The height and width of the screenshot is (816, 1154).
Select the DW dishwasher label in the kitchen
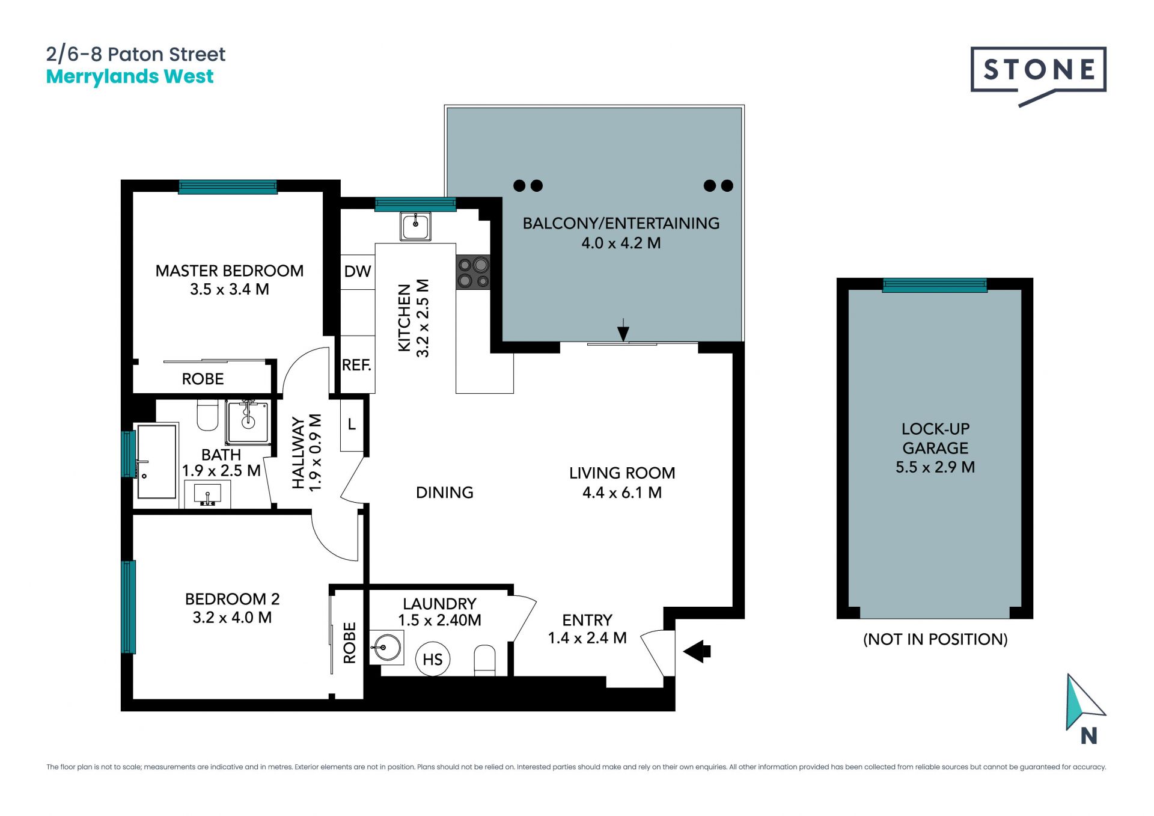pyautogui.click(x=358, y=271)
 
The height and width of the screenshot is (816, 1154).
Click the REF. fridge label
pyautogui.click(x=357, y=365)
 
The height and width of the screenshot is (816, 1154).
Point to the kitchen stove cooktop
pyautogui.click(x=473, y=272)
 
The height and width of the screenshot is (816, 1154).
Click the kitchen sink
pyautogui.click(x=415, y=227)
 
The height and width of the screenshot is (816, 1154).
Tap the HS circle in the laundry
pyautogui.click(x=433, y=659)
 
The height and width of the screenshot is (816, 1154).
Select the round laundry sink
pyautogui.click(x=385, y=648)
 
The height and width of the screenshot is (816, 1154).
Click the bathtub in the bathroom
pyautogui.click(x=157, y=461)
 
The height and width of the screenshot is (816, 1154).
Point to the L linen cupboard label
pyautogui.click(x=352, y=425)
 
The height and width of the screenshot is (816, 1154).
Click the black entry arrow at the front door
pyautogui.click(x=697, y=651)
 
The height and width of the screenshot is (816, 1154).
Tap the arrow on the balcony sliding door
pyautogui.click(x=623, y=330)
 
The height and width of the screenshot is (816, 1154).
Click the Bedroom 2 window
pyautogui.click(x=128, y=607)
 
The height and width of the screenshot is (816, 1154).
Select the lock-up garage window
pyautogui.click(x=935, y=285)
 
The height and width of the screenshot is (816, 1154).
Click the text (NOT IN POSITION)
pyautogui.click(x=935, y=639)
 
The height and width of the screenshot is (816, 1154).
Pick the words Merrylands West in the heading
pyautogui.click(x=130, y=77)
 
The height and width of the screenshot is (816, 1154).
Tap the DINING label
pyautogui.click(x=445, y=492)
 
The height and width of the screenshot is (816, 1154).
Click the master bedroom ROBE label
pyautogui.click(x=203, y=379)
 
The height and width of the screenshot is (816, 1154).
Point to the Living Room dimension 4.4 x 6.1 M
pyautogui.click(x=622, y=492)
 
